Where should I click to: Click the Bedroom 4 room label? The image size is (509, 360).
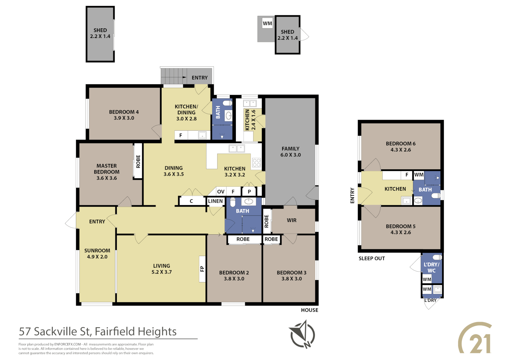(124, 112)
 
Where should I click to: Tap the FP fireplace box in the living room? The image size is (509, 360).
(202, 269)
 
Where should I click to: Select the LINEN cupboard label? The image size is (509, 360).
(215, 201)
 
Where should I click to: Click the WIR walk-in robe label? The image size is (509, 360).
(291, 220)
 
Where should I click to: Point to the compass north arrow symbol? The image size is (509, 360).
(302, 334)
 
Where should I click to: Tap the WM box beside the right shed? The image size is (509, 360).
(267, 23)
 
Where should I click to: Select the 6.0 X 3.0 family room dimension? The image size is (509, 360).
(290, 155)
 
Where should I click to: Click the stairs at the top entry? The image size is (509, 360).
(174, 76)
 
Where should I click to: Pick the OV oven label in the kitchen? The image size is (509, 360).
(221, 192)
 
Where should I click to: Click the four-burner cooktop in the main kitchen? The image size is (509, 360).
(256, 163)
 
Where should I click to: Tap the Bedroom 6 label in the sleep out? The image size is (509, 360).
(400, 144)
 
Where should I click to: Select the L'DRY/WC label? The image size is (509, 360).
(431, 267)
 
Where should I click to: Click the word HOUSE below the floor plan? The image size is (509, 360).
(309, 310)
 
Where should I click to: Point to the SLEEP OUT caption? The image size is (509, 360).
(371, 258)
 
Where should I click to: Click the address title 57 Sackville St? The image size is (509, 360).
(98, 331)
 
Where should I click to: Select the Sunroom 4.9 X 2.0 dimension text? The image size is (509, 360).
(97, 257)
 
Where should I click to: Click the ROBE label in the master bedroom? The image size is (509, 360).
(138, 161)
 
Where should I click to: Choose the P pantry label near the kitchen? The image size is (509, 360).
(249, 192)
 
